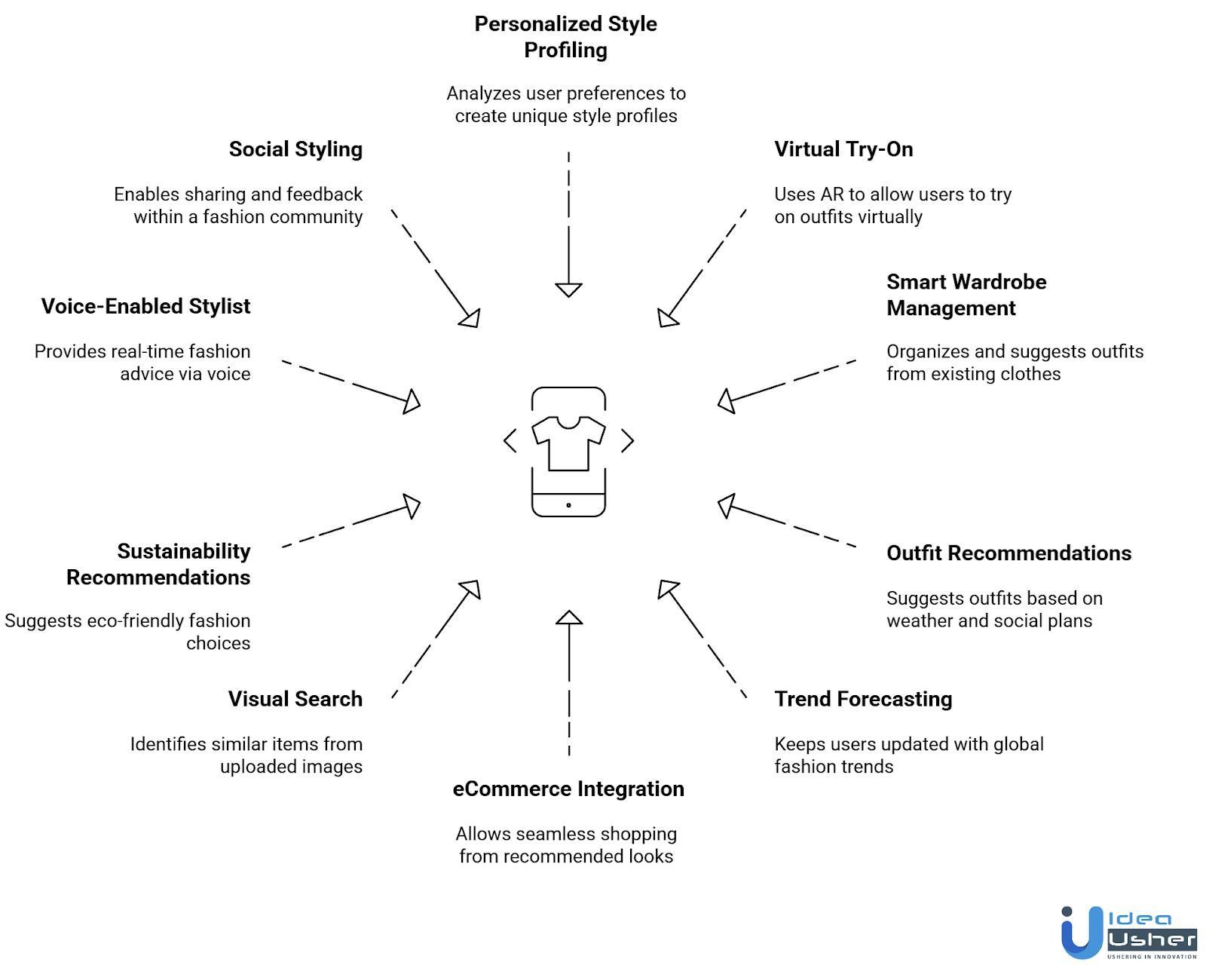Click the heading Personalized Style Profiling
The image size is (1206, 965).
[565, 37]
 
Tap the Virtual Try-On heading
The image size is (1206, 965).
[843, 149]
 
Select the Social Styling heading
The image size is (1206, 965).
[295, 149]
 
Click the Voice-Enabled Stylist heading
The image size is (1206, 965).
[145, 306]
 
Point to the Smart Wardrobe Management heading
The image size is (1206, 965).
[966, 295]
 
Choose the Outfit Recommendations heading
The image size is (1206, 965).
[1009, 553]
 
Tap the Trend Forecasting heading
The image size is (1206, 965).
[863, 699]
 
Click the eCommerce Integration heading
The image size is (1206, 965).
[568, 789]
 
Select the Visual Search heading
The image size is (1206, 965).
[295, 699]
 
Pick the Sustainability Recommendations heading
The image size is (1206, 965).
[159, 564]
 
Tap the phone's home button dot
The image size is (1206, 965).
[568, 505]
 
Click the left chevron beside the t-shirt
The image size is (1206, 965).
[510, 440]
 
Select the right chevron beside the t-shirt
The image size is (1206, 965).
[627, 440]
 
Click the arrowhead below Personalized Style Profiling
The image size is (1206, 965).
[568, 289]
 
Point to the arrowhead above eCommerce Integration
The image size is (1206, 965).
[569, 618]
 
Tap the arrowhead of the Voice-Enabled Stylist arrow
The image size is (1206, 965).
[412, 401]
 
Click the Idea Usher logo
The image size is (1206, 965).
[1128, 933]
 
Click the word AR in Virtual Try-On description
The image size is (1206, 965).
[832, 195]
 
